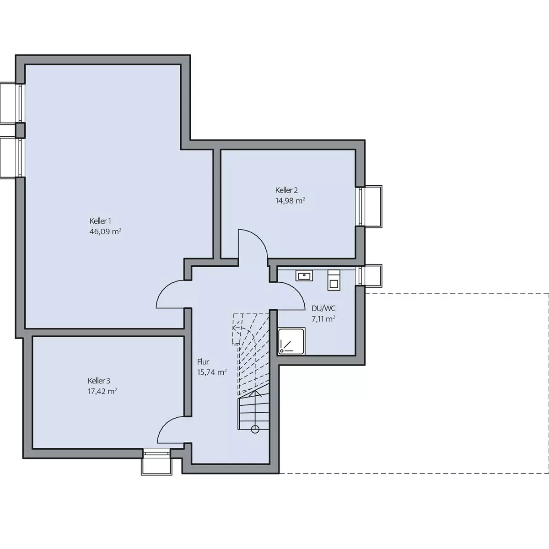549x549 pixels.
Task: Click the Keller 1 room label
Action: click(100, 221)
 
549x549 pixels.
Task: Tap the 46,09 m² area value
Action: click(105, 231)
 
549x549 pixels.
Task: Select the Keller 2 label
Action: click(286, 190)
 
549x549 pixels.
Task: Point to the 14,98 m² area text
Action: click(290, 200)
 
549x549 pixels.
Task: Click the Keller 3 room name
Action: click(99, 381)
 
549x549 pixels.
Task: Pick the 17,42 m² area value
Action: click(102, 391)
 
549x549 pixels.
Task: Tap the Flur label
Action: click(203, 362)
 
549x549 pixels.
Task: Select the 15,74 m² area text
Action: click(212, 372)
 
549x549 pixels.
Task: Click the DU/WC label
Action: click(323, 308)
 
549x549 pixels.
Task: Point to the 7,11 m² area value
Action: click(323, 319)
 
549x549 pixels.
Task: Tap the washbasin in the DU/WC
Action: click(304, 275)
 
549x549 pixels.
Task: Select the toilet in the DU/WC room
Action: click(334, 280)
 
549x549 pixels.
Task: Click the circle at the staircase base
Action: click(255, 429)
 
